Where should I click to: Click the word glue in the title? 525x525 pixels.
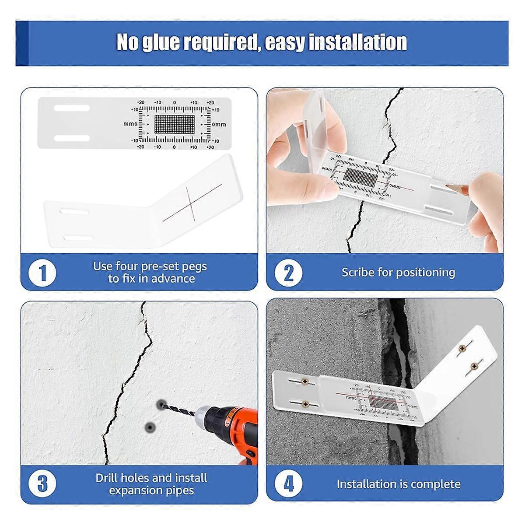pyautogui.click(x=161, y=42)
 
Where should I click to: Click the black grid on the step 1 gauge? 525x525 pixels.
pyautogui.click(x=174, y=124)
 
